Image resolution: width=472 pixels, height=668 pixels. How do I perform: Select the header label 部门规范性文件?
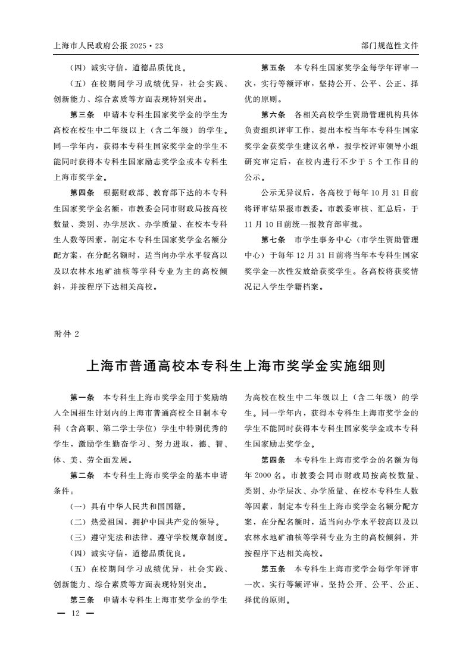(x=390, y=45)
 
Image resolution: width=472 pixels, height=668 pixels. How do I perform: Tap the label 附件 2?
(x=66, y=333)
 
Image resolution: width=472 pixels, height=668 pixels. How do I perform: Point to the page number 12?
(x=75, y=613)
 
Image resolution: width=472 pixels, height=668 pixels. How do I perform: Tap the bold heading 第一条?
(x=82, y=397)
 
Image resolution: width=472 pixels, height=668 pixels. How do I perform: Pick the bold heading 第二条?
(x=82, y=476)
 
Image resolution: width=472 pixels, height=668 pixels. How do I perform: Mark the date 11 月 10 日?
(x=266, y=224)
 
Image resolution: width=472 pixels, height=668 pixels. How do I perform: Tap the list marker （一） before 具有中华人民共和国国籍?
(x=79, y=507)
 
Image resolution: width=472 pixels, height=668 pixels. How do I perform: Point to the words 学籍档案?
(x=306, y=287)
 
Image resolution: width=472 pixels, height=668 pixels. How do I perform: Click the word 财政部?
(x=136, y=193)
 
